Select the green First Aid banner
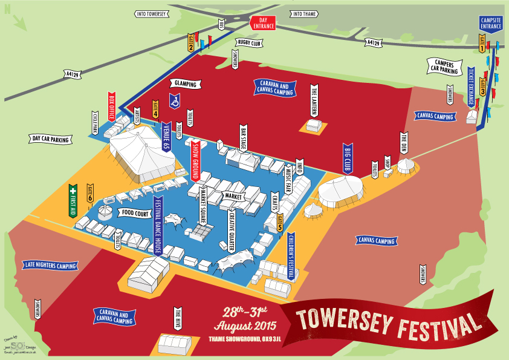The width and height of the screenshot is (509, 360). [74, 200]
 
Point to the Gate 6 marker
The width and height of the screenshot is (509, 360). [90, 193]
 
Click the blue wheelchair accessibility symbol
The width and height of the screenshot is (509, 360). [175, 100]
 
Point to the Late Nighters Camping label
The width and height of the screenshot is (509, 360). [51, 265]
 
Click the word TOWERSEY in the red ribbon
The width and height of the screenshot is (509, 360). [345, 318]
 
